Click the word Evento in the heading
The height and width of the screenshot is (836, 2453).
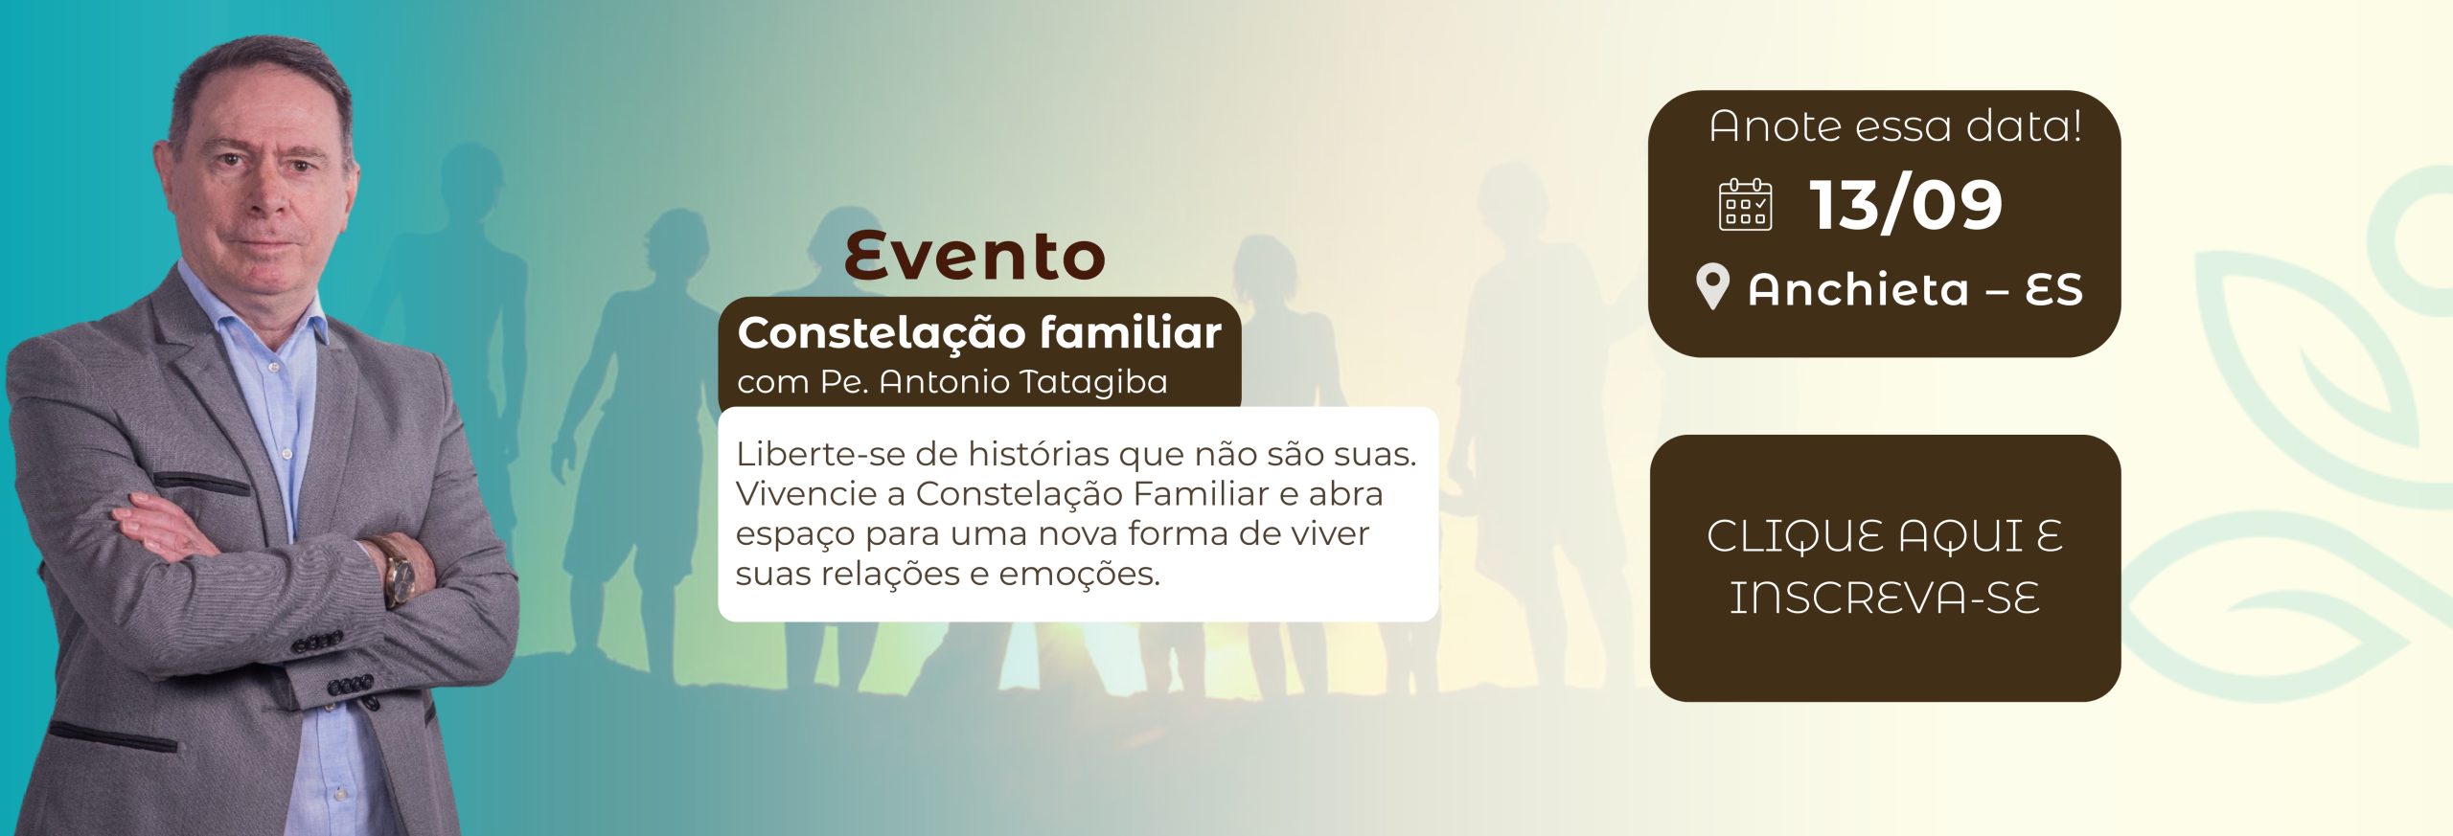(974, 256)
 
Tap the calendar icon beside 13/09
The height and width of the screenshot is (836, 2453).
(1745, 205)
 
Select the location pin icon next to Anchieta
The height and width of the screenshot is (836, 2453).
(1712, 287)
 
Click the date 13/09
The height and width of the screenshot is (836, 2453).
(1906, 205)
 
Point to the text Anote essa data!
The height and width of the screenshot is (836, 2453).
(1895, 126)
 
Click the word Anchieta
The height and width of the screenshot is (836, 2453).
(1858, 289)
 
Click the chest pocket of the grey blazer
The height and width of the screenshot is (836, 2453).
(201, 481)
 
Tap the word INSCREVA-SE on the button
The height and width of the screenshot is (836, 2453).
(1884, 598)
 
